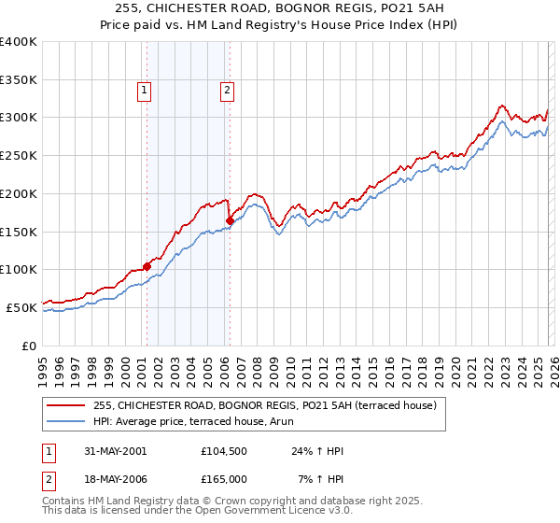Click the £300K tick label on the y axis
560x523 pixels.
pyautogui.click(x=19, y=118)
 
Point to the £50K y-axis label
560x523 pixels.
pyautogui.click(x=21, y=307)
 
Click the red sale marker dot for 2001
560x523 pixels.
pyautogui.click(x=147, y=266)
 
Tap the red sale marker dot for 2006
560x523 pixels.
pyautogui.click(x=230, y=220)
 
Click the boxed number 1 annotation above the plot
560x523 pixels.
pyautogui.click(x=146, y=91)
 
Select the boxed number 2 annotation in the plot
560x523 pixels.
pyautogui.click(x=228, y=91)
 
